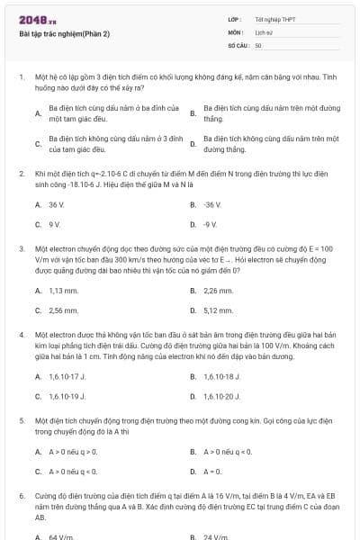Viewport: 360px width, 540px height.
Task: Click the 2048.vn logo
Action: (39, 19)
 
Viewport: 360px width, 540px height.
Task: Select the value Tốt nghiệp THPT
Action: (274, 19)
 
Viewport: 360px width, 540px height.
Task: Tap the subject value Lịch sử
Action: (264, 31)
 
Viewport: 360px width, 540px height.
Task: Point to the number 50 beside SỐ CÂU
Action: (258, 44)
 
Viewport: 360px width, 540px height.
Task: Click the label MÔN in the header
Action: (235, 31)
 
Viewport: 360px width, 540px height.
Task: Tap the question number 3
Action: (22, 247)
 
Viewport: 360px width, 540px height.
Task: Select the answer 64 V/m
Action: (60, 537)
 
